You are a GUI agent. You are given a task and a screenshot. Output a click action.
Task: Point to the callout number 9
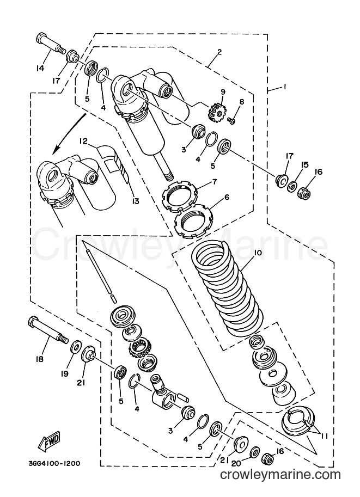coord(223,92)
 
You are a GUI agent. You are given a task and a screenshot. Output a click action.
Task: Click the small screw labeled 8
coord(231,120)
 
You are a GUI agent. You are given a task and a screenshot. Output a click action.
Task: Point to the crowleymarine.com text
coord(280,475)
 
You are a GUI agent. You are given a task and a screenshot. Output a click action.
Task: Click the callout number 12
coord(83,141)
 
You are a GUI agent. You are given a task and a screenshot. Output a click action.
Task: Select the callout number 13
coord(136,201)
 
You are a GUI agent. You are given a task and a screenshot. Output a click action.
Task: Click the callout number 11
coord(323,437)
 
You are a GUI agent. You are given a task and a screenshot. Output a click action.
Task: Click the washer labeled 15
coord(292,186)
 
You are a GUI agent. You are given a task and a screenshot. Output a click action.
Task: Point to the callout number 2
coord(219,52)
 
